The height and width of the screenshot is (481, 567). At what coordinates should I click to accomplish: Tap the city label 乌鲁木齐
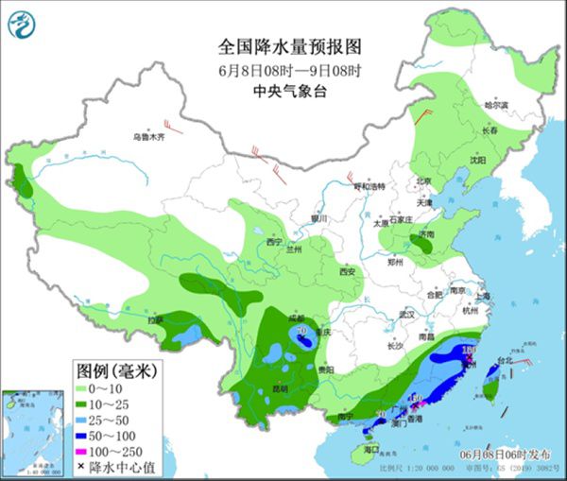coord(147,138)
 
